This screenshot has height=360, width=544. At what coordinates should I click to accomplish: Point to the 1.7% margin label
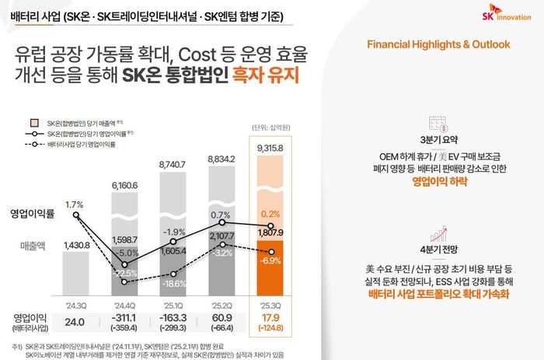[75, 204]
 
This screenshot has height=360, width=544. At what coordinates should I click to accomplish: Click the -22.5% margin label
[124, 273]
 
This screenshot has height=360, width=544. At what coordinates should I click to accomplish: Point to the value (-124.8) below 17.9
[270, 329]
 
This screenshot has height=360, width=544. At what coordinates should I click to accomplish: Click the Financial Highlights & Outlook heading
[438, 44]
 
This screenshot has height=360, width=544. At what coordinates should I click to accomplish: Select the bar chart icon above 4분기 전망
[438, 231]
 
